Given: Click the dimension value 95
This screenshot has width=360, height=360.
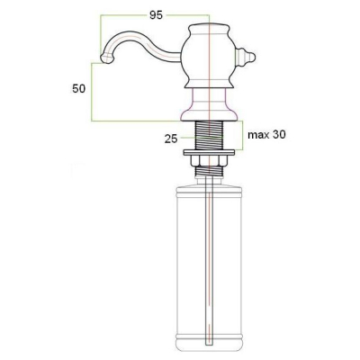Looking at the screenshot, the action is click(x=156, y=15).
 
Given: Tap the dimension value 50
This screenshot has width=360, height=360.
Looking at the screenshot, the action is click(x=78, y=89).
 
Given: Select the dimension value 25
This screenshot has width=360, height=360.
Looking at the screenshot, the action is click(x=171, y=139).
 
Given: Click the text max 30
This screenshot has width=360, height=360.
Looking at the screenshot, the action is click(x=266, y=135).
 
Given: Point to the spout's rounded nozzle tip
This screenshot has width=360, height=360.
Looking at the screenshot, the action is click(x=106, y=58).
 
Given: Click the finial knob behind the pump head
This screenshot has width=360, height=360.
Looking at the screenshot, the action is click(x=245, y=57).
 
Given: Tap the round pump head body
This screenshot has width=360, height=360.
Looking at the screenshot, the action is click(x=209, y=57).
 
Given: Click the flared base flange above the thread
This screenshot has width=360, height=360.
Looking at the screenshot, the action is click(x=209, y=114).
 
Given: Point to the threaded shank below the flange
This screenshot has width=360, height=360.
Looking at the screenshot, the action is click(x=209, y=135).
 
